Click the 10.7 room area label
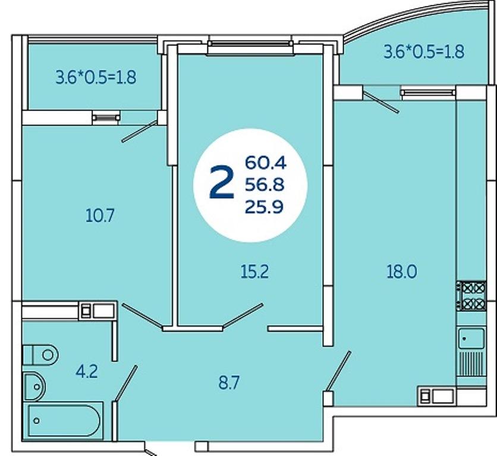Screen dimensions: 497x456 tap(100, 216)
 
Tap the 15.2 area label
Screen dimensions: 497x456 tap(254, 272)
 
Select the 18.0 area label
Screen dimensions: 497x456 tap(402, 272)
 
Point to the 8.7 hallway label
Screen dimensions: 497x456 tap(228, 383)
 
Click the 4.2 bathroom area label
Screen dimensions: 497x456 tap(87, 372)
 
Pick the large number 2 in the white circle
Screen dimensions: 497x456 tap(222, 183)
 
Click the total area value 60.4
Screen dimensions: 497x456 tap(266, 163)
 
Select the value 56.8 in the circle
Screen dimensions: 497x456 tap(265, 184)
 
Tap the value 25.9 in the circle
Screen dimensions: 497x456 tap(264, 207)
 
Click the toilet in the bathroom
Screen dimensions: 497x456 tap(40, 354)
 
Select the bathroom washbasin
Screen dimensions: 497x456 tap(34, 387)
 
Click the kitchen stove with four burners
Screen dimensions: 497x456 tap(471, 296)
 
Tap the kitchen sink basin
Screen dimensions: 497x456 tap(471, 338)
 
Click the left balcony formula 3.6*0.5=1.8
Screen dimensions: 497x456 tap(96, 77)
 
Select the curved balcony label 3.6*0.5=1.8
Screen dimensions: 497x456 tap(424, 52)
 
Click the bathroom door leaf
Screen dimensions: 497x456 tap(126, 384)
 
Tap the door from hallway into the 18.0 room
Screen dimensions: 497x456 tap(338, 372)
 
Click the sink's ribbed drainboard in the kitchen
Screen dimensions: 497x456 tap(471, 364)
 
